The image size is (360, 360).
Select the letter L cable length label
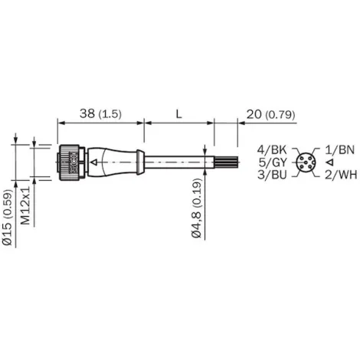click(x=178, y=113)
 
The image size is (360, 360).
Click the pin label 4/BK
click(x=275, y=149)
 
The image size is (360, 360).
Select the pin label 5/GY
click(x=275, y=162)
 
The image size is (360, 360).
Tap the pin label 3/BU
click(x=275, y=175)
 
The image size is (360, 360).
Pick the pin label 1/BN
click(x=338, y=149)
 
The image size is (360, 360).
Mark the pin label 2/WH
click(x=338, y=175)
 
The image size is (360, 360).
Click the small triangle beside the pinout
click(x=327, y=162)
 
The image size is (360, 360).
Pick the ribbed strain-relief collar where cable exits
click(x=139, y=162)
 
